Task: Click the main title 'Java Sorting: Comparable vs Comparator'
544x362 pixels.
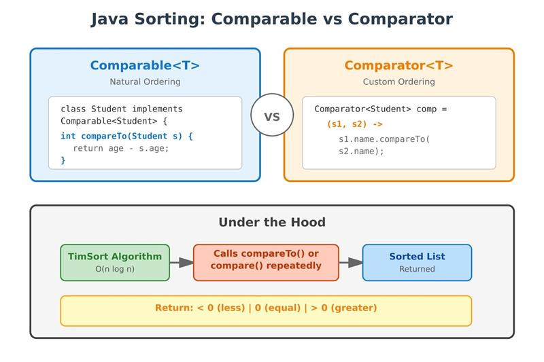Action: click(272, 19)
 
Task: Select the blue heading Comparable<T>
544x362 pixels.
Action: click(145, 66)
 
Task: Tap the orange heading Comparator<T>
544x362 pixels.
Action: click(398, 66)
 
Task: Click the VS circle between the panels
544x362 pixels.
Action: click(272, 116)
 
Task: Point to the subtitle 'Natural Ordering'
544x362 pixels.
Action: click(145, 82)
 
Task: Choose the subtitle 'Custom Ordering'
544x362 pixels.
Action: click(398, 82)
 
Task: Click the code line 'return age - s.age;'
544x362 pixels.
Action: click(121, 148)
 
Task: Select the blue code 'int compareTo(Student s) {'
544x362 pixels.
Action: click(127, 136)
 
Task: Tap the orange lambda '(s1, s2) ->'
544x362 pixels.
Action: click(354, 124)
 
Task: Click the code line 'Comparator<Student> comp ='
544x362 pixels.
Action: click(380, 109)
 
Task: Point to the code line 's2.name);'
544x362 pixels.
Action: click(362, 151)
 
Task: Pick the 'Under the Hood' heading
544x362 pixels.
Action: click(272, 223)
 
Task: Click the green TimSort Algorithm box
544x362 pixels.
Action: click(115, 262)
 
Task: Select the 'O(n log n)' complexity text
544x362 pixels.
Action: click(115, 269)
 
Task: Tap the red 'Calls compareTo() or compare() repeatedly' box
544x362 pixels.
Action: click(266, 262)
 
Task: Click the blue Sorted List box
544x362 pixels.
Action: click(417, 262)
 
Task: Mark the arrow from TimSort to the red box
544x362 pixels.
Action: click(182, 262)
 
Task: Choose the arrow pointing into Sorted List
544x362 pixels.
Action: click(350, 262)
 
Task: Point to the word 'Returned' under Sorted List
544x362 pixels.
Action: click(417, 269)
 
